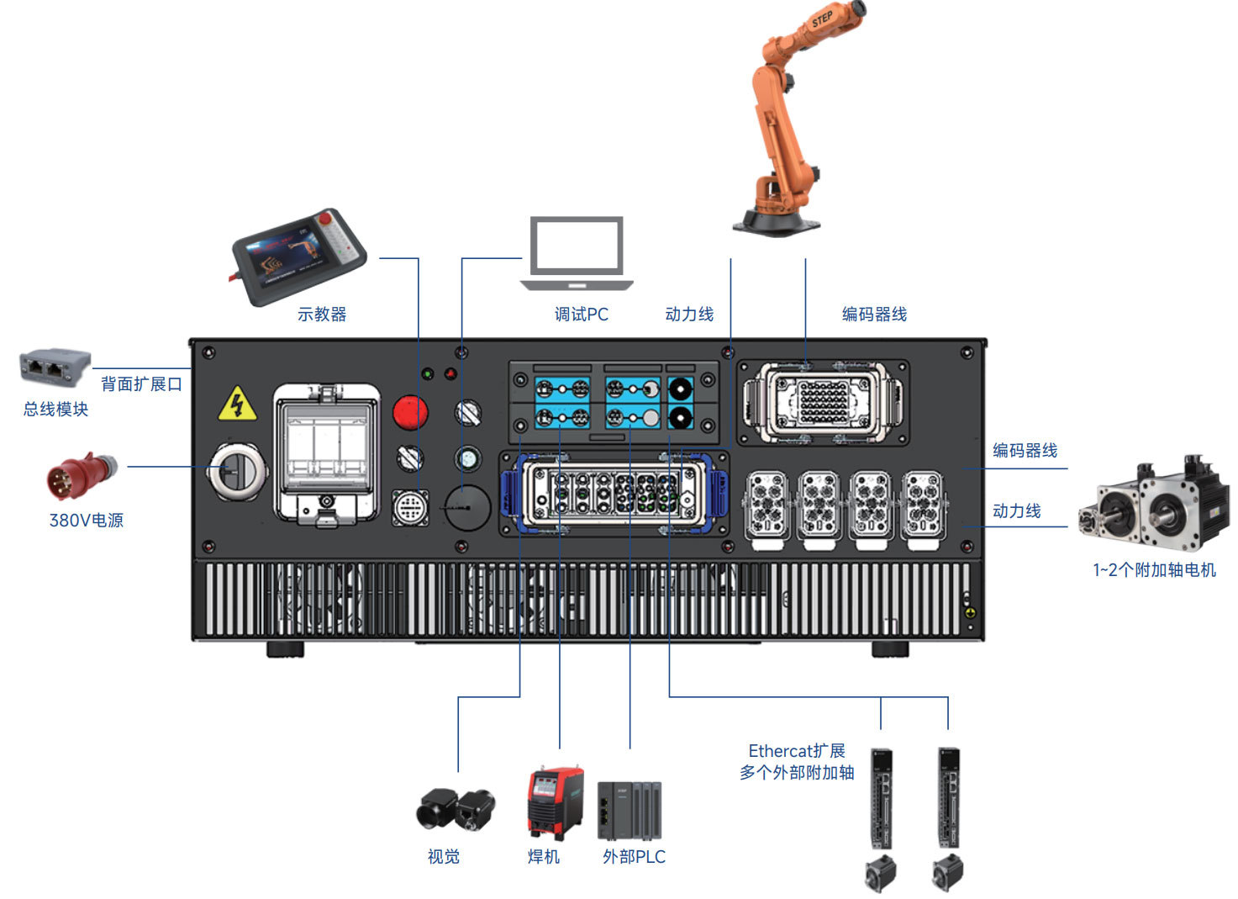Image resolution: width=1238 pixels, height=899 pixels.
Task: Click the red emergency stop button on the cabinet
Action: click(x=409, y=412)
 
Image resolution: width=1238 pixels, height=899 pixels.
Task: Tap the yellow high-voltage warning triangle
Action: click(x=237, y=404)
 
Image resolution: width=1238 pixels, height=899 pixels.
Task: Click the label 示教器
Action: click(x=322, y=314)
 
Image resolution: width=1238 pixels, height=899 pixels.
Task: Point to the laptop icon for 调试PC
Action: click(x=577, y=253)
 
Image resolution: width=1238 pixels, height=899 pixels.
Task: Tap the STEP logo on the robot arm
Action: click(x=822, y=19)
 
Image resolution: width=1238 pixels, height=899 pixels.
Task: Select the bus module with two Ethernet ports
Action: click(x=55, y=366)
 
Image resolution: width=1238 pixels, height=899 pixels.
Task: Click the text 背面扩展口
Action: click(x=141, y=383)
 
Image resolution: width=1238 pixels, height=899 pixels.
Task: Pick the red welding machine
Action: click(x=555, y=802)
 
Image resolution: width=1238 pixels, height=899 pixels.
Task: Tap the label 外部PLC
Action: click(x=634, y=856)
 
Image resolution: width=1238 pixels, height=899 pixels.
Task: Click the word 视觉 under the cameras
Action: click(x=443, y=856)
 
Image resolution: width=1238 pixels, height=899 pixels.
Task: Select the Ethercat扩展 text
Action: click(x=797, y=751)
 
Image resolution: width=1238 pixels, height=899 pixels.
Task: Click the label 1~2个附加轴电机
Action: click(x=1154, y=569)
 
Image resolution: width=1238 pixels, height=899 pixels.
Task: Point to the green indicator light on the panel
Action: click(x=427, y=374)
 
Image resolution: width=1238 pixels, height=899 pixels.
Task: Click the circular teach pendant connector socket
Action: click(x=410, y=507)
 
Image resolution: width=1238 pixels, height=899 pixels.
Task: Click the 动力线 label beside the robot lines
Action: click(x=689, y=314)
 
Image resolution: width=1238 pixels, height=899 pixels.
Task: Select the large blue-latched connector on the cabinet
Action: click(x=614, y=493)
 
